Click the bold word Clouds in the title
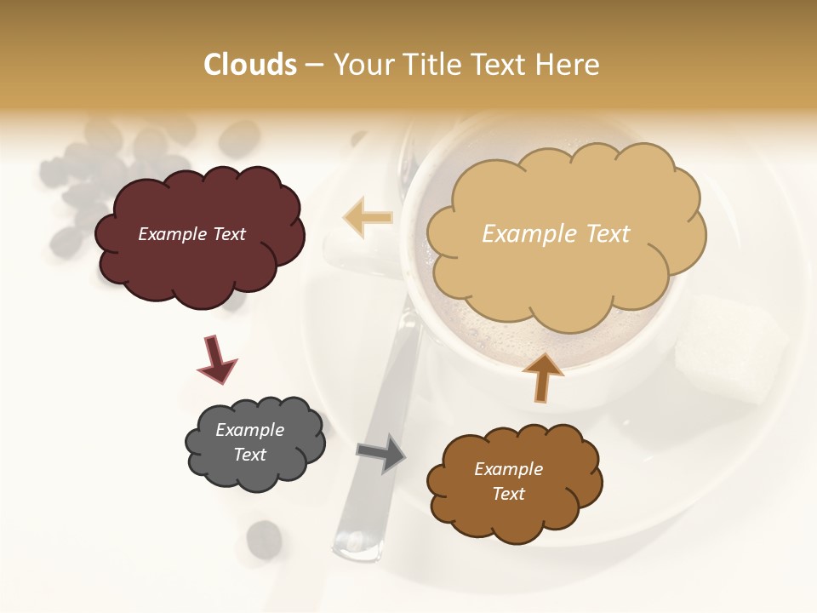pyautogui.click(x=250, y=65)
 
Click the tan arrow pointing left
pyautogui.click(x=368, y=218)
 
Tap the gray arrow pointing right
pyautogui.click(x=380, y=452)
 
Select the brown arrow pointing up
pyautogui.click(x=542, y=377)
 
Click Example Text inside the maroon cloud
pyautogui.click(x=191, y=234)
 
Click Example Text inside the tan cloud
pyautogui.click(x=556, y=234)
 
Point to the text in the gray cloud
pyautogui.click(x=250, y=442)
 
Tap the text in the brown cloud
pyautogui.click(x=508, y=481)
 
